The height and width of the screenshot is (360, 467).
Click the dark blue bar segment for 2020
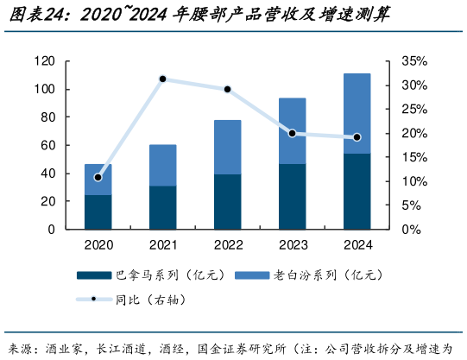[98, 212]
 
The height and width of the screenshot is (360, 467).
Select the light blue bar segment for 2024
[357, 113]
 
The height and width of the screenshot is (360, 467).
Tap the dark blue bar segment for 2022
[227, 201]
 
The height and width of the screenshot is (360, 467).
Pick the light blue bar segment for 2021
[162, 165]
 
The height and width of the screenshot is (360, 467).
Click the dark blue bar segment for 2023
[292, 196]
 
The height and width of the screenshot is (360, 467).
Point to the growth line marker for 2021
[162, 79]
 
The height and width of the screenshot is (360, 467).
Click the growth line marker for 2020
[98, 177]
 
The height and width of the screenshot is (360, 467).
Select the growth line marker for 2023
[292, 133]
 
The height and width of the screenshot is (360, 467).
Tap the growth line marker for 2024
[357, 137]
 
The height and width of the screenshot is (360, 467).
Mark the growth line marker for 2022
[227, 89]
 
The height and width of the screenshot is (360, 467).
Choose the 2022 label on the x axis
[227, 244]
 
